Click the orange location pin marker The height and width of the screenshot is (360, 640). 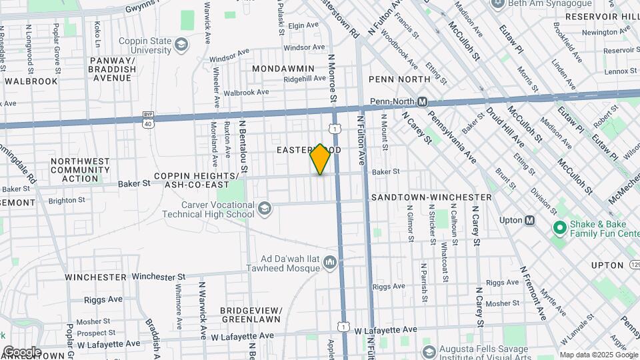tap(321, 159)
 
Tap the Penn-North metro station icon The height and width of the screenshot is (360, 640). tap(422, 101)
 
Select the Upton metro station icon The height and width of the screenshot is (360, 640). tap(530, 220)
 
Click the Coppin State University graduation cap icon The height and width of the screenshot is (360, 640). tap(181, 45)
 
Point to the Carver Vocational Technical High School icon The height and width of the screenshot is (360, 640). tap(265, 209)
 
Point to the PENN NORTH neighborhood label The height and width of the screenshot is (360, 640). tap(399, 79)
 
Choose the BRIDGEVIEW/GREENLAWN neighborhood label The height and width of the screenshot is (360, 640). tap(251, 315)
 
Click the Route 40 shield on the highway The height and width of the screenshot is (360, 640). tap(147, 122)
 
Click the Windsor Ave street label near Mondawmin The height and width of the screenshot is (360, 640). tap(302, 48)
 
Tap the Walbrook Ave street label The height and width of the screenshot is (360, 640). tap(246, 93)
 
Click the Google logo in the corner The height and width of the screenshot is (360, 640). tap(21, 352)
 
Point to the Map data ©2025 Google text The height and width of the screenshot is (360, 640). tap(597, 355)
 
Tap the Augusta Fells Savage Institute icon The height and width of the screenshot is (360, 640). tap(429, 351)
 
